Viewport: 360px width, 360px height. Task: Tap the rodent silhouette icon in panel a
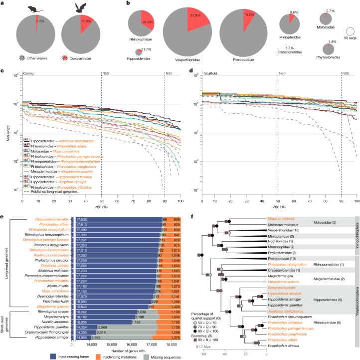coord(34,10)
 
